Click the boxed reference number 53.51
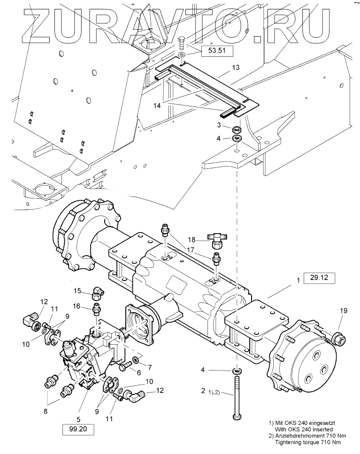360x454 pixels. click(x=217, y=52)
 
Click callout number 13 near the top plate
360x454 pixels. click(x=235, y=68)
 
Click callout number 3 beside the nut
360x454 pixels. click(x=219, y=125)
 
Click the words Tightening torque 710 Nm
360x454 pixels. click(x=307, y=442)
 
